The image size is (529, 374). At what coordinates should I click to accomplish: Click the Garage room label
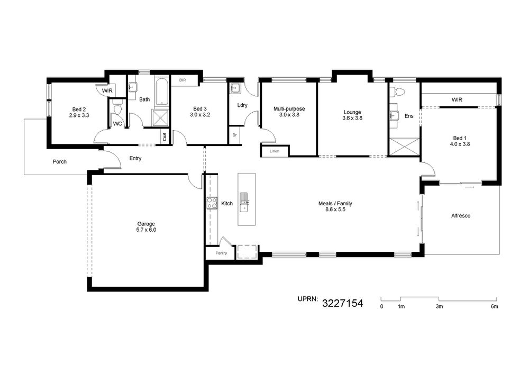146,224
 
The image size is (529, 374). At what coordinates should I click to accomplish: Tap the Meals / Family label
335,203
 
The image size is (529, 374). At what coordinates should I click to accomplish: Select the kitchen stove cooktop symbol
212,203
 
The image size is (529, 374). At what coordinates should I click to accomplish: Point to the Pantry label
221,253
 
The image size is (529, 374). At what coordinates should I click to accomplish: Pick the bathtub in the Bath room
162,92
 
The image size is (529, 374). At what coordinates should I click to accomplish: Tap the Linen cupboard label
275,151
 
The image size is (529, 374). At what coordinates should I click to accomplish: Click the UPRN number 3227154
342,303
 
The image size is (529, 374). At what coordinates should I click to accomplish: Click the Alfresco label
461,215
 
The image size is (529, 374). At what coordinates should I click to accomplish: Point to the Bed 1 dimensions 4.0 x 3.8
460,144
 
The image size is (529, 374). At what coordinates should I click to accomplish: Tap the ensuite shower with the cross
404,147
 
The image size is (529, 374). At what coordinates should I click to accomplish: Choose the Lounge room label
352,112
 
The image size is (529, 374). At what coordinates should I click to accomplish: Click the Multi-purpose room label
289,108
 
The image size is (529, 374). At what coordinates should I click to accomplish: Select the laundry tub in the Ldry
235,88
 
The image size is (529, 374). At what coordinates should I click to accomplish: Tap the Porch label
60,161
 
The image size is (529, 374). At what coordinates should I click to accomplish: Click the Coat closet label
165,136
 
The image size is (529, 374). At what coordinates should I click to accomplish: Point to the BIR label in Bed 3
183,80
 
